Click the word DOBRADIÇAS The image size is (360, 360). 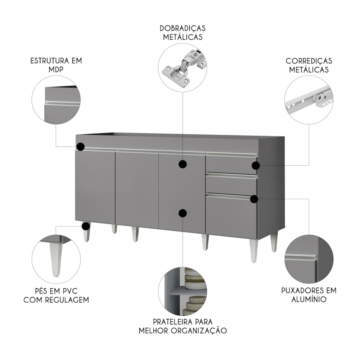[x=183, y=28]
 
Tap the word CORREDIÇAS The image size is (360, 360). [x=309, y=61]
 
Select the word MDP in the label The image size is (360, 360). [x=56, y=69]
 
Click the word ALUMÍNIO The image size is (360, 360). [x=309, y=300]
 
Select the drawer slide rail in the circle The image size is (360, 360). [x=309, y=99]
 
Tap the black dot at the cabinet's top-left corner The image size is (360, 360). [x=81, y=147]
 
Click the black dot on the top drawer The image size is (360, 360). [x=256, y=165]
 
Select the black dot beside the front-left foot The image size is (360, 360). [x=86, y=226]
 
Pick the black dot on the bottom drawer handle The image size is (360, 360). [x=254, y=199]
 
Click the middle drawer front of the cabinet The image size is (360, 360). [x=231, y=183]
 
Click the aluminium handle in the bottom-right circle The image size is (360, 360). [x=301, y=258]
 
